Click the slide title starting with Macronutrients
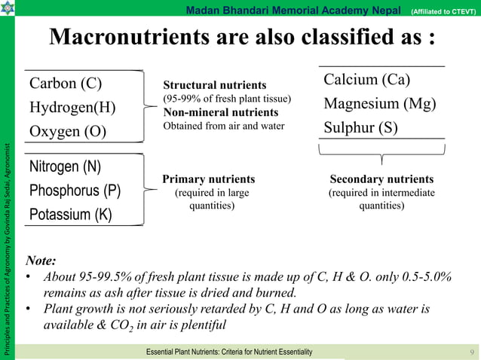(242, 38)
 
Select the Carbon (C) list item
(66, 83)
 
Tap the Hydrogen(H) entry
(72, 107)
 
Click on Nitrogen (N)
(66, 166)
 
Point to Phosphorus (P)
(75, 190)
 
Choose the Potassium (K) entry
(70, 215)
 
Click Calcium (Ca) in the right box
(366, 79)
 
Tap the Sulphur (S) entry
(360, 127)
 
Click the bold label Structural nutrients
(215, 85)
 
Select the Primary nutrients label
(209, 179)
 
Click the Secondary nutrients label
(381, 179)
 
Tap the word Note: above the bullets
(41, 261)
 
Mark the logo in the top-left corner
(8, 8)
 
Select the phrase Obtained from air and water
(224, 125)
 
